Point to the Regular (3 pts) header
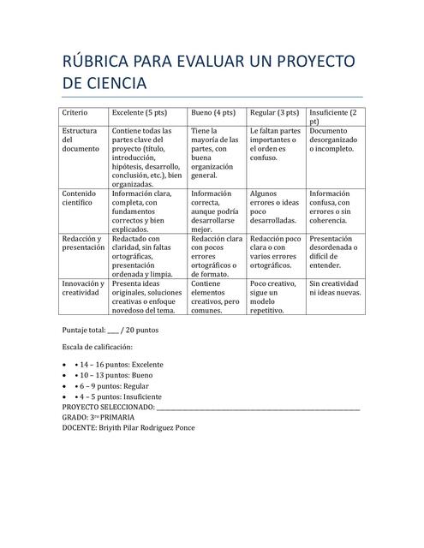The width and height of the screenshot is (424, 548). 274,112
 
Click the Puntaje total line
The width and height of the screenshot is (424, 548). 110,330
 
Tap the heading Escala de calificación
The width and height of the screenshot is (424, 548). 98,347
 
